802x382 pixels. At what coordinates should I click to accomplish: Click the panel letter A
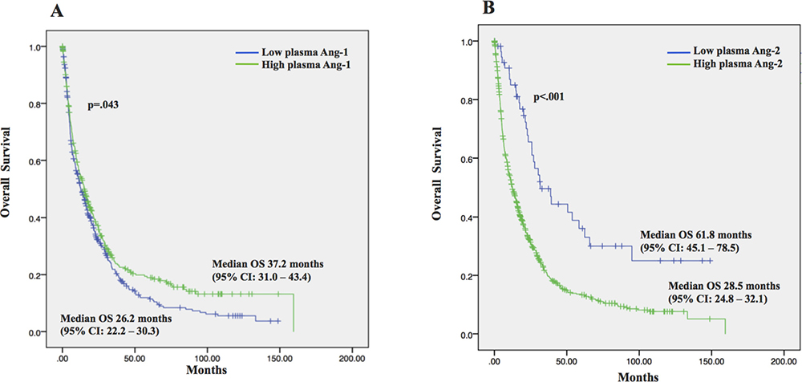(56, 10)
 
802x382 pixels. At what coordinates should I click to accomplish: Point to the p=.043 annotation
(104, 104)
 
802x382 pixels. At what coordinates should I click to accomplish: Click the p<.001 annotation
(550, 97)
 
